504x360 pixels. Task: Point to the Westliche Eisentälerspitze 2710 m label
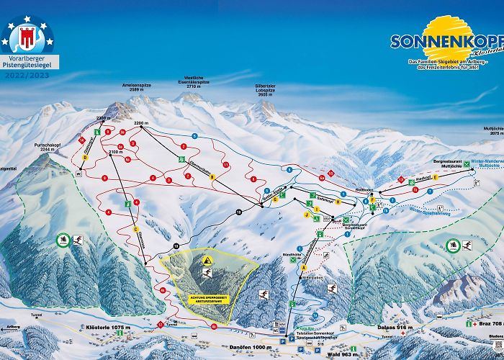click(190, 81)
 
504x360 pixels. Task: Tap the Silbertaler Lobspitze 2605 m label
click(266, 91)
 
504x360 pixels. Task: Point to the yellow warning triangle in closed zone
click(207, 259)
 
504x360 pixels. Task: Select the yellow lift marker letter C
click(135, 230)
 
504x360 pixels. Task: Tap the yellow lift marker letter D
click(85, 157)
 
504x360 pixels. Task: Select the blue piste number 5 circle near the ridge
click(194, 135)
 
